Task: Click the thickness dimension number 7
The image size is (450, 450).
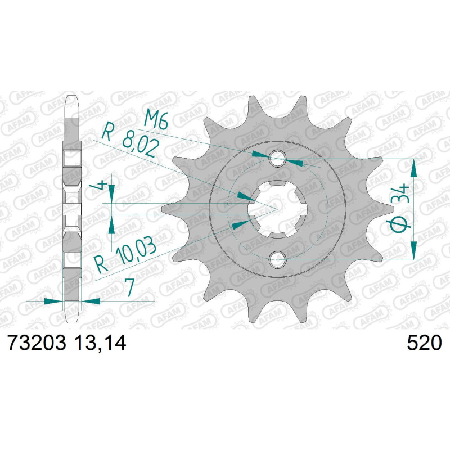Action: (130, 288)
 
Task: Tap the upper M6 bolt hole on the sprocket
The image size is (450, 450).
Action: (276, 159)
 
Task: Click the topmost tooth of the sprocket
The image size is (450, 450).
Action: (256, 105)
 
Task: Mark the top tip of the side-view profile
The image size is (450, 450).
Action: (72, 98)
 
